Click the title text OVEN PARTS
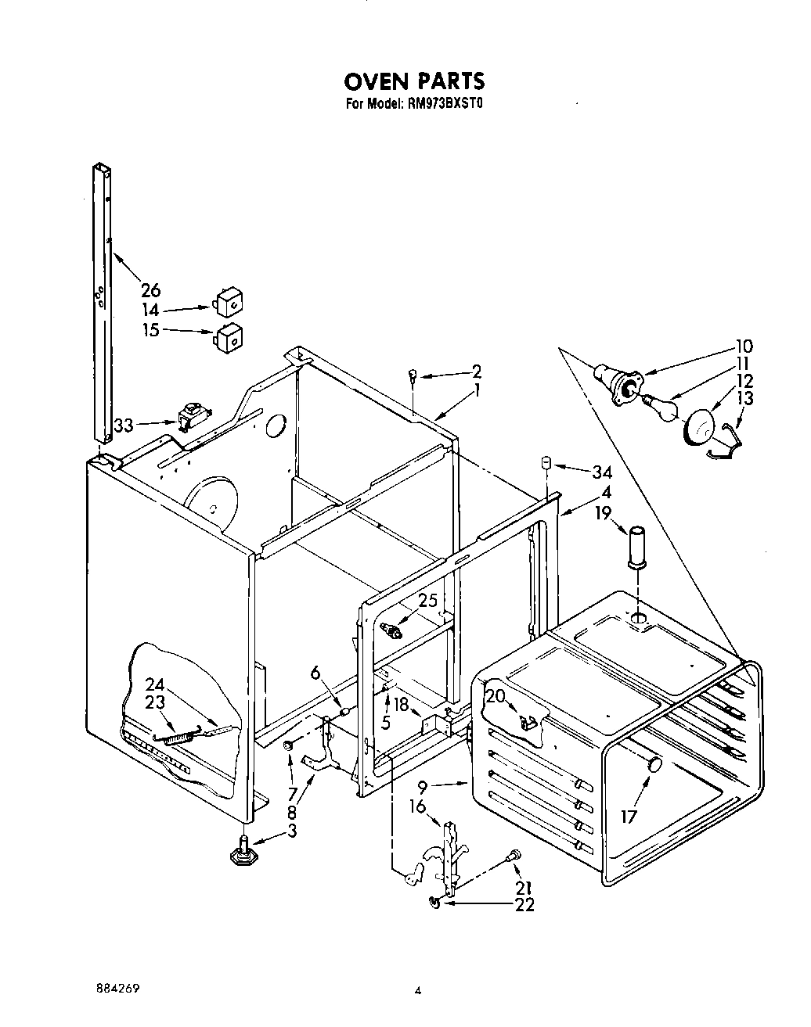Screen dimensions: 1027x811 pos(415,81)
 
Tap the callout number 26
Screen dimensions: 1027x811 pos(150,290)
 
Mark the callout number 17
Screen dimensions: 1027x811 pos(629,817)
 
